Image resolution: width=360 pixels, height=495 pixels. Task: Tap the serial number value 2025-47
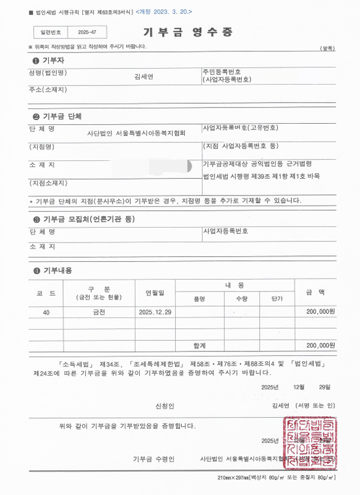click(88, 32)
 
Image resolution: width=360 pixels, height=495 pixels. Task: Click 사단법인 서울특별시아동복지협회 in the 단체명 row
click(136, 132)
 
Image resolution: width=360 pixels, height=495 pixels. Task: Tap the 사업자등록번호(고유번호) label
click(240, 128)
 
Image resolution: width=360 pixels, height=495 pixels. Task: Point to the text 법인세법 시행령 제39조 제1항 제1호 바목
click(262, 176)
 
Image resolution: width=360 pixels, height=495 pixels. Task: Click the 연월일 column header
click(155, 292)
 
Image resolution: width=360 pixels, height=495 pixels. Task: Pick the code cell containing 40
click(46, 312)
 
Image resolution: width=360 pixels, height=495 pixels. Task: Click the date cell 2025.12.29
click(155, 312)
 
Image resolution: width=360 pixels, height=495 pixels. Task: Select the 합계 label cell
click(199, 345)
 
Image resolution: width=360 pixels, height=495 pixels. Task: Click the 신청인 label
click(165, 406)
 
